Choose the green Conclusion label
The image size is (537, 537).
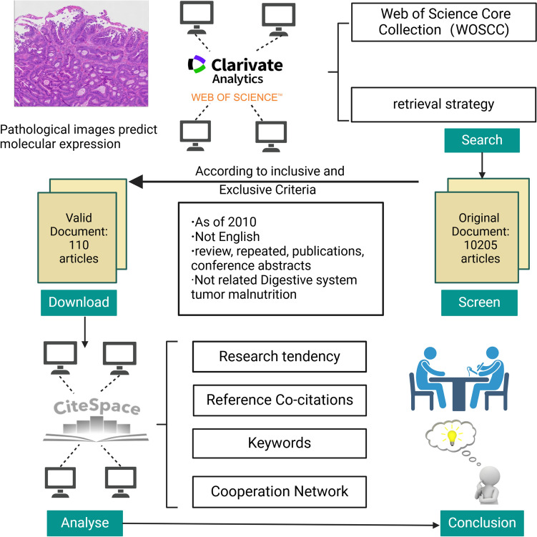(x=481, y=523)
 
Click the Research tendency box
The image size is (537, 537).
(x=280, y=356)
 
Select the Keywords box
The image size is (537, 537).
(x=280, y=443)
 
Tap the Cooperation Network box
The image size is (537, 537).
(x=280, y=491)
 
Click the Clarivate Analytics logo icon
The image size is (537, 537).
(x=197, y=64)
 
